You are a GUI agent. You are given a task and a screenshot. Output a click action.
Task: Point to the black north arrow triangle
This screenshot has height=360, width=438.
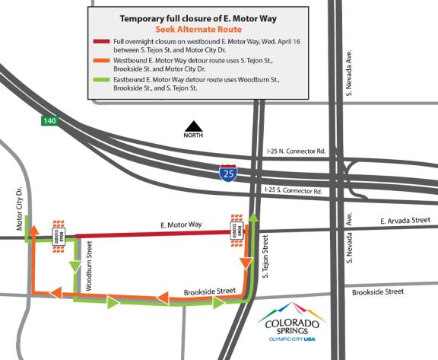coord(196,128)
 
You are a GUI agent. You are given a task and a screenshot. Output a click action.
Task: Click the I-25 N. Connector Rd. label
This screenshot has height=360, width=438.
coord(297,152)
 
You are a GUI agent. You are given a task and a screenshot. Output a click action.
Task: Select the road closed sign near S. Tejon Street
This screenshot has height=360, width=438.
coord(237,227)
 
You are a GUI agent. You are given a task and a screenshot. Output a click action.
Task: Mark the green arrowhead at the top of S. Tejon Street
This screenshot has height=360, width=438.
coord(252,218)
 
